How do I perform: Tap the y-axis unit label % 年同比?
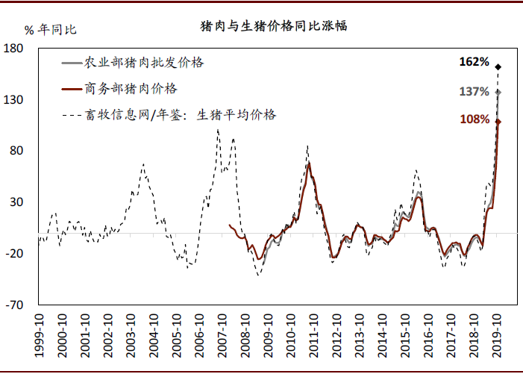(x=51, y=30)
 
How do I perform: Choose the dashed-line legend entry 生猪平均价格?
(x=181, y=115)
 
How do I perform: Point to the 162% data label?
(x=474, y=62)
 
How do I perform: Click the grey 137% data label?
(x=474, y=92)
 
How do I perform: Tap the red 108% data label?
(x=474, y=119)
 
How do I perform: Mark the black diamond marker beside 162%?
(x=498, y=67)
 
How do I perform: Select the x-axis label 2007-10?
(x=223, y=333)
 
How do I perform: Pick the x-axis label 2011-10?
(x=315, y=333)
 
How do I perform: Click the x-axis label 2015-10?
(x=407, y=333)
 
